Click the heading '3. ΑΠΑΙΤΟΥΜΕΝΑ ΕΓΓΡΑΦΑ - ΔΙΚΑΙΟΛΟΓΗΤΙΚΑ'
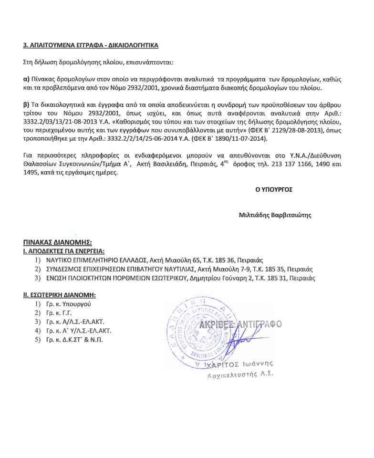point(91,45)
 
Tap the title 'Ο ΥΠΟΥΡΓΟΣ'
point(273,189)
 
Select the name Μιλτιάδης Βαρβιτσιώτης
point(275,215)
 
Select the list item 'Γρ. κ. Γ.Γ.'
point(61,313)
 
